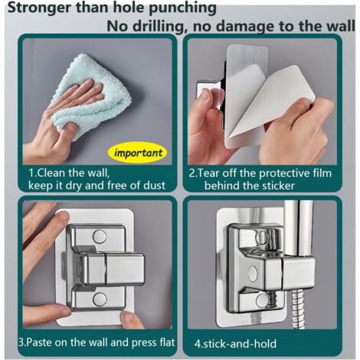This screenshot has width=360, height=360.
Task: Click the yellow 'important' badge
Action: [x=137, y=153]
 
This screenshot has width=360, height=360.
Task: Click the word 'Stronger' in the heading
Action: [x=40, y=8]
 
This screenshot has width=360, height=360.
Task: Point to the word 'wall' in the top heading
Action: [x=340, y=25]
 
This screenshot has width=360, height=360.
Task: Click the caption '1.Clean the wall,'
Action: [x=69, y=173]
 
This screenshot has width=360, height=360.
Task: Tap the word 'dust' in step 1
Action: [x=154, y=185]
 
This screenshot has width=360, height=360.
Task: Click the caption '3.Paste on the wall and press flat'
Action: [x=97, y=342]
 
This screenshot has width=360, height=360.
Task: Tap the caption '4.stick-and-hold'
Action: [x=235, y=344]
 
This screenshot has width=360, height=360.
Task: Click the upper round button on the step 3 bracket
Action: [x=100, y=237]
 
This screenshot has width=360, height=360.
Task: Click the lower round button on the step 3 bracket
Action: [x=100, y=299]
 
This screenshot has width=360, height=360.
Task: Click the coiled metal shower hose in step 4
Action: [x=296, y=308]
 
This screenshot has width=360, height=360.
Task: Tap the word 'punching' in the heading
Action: [x=182, y=8]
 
